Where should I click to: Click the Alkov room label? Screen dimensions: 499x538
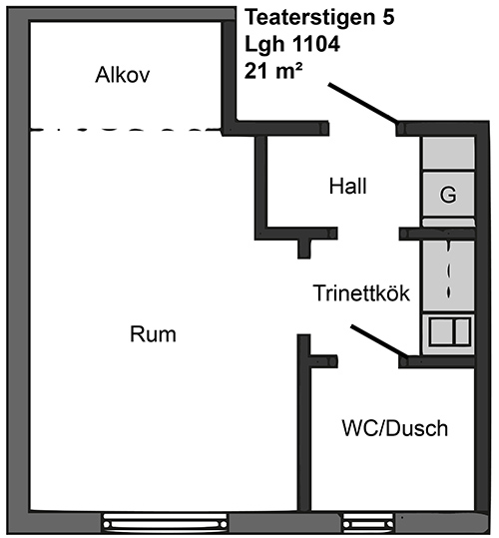click(x=123, y=75)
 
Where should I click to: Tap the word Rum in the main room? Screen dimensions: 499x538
click(x=153, y=334)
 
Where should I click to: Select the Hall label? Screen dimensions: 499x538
click(x=347, y=187)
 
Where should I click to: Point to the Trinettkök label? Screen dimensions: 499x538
click(x=361, y=293)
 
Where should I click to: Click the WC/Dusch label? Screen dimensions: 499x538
click(x=395, y=428)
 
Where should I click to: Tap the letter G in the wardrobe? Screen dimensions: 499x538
click(x=448, y=195)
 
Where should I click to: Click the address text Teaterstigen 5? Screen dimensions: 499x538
click(x=319, y=17)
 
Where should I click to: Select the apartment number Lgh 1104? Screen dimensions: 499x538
click(x=292, y=44)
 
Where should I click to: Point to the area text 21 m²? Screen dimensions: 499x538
click(x=273, y=72)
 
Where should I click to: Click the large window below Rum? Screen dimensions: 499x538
click(x=166, y=524)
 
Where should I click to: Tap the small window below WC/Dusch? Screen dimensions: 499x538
click(x=368, y=524)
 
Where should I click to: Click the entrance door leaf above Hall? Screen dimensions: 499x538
click(x=363, y=103)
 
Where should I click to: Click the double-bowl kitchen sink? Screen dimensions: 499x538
click(x=449, y=331)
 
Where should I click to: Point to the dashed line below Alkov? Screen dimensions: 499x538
click(x=126, y=130)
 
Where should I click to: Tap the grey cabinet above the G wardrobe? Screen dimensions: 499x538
click(x=448, y=153)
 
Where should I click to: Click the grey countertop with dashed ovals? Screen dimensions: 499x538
click(x=448, y=276)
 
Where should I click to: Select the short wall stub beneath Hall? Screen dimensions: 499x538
click(x=303, y=248)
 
